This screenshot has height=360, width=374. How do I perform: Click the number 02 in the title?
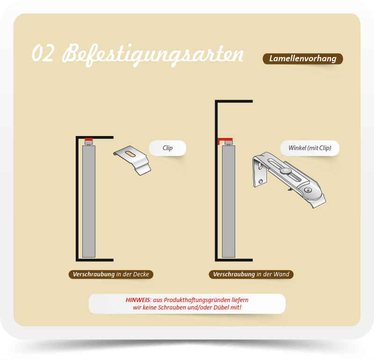[43, 53]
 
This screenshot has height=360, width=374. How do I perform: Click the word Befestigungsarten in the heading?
[153, 55]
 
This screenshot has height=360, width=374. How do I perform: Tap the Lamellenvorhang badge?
[302, 59]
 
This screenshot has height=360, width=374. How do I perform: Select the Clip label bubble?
[167, 148]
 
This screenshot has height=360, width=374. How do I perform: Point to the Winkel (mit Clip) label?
[309, 148]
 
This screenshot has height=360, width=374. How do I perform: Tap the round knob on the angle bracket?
[286, 171]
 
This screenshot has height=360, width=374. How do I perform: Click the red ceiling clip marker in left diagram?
[89, 139]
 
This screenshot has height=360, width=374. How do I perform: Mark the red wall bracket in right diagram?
[225, 141]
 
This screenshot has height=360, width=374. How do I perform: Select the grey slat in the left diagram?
[89, 202]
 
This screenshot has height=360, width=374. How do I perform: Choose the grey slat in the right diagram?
[229, 202]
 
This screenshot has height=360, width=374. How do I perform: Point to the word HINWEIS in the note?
[137, 300]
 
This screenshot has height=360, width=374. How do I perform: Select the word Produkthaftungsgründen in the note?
[197, 300]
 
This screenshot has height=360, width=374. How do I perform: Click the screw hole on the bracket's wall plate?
[261, 181]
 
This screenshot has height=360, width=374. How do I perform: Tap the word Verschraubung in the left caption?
[94, 274]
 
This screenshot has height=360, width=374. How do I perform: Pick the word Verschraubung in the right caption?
[234, 274]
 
